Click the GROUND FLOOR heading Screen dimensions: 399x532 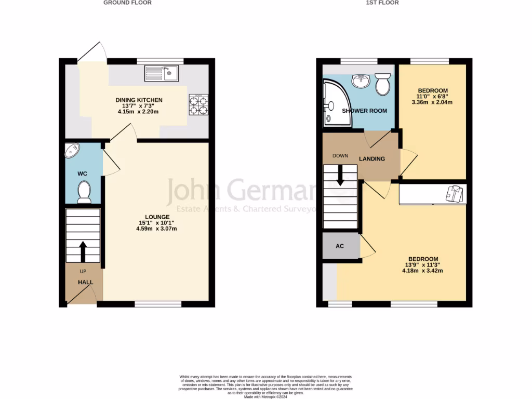click(x=127, y=3)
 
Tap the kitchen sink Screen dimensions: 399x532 click(x=162, y=73)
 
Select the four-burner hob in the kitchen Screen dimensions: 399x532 click(x=198, y=104)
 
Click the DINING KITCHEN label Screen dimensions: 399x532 click(x=139, y=100)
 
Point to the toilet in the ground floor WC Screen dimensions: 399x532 click(x=84, y=192)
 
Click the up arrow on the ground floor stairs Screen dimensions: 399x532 click(x=83, y=251)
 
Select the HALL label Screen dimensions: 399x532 click(x=86, y=282)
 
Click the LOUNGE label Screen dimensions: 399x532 click(x=157, y=217)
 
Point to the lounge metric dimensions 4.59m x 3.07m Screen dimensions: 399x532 click(x=157, y=229)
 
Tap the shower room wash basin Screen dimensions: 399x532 click(x=361, y=81)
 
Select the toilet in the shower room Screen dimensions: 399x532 click(x=383, y=85)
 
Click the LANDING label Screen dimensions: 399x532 click(x=372, y=158)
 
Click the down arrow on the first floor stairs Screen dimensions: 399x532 click(x=340, y=176)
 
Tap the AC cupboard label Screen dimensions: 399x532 click(x=340, y=246)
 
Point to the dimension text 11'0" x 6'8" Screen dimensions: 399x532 click(x=433, y=96)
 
